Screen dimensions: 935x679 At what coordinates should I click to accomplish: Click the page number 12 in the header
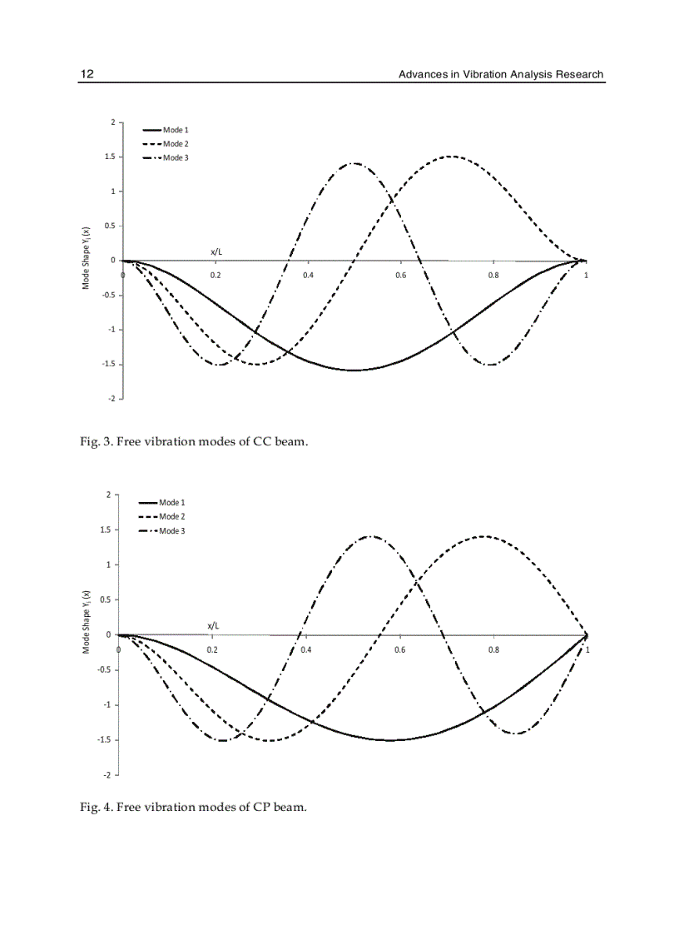(x=87, y=74)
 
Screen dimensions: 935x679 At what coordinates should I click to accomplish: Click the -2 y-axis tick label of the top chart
(x=112, y=399)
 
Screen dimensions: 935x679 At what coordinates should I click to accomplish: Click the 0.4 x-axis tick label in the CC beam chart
(x=308, y=275)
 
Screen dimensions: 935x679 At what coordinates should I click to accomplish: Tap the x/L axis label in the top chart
(x=216, y=251)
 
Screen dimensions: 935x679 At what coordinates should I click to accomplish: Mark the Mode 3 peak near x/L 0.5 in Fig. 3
(x=355, y=163)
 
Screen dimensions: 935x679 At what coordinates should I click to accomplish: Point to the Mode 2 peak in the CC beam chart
(x=450, y=156)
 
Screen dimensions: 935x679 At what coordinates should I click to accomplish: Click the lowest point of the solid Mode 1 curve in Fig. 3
(x=355, y=370)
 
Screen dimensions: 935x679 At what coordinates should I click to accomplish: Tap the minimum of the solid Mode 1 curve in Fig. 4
(x=391, y=739)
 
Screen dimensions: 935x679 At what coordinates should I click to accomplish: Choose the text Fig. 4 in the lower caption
(x=95, y=807)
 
